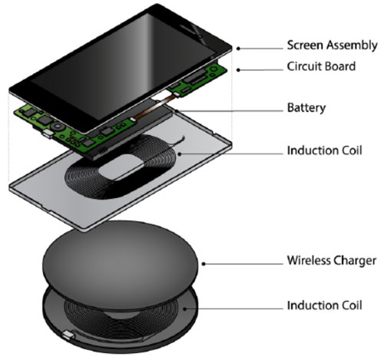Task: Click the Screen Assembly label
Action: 332,45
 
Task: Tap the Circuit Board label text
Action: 321,67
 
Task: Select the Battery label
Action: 306,107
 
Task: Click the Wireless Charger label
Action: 332,261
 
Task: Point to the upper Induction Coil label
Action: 324,150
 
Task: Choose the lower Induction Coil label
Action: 324,306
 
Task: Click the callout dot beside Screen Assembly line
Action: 238,48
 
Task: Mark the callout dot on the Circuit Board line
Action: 238,70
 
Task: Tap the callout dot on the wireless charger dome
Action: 204,264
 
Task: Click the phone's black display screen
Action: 123,67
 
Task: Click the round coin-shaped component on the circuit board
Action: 57,126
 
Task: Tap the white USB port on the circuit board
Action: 48,134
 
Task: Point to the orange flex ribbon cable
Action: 154,107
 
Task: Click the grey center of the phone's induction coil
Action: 121,167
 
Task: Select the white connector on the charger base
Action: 68,335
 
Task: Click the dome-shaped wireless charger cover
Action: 120,263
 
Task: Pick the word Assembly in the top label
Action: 352,45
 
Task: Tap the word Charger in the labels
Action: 355,261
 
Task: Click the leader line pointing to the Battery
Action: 230,111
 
